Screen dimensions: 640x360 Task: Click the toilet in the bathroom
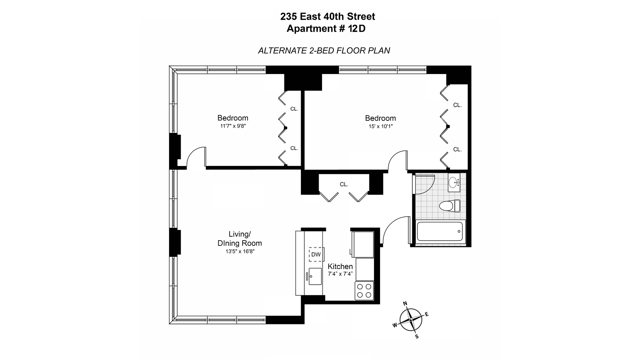click(450, 206)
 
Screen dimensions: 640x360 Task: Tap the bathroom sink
click(454, 182)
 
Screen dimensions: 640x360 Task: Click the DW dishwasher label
click(316, 255)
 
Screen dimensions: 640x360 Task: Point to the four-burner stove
click(364, 291)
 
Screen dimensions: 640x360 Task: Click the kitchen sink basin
click(315, 276)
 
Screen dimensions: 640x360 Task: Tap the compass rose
click(411, 319)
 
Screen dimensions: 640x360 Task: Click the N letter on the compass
click(405, 303)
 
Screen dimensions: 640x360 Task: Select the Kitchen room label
click(340, 266)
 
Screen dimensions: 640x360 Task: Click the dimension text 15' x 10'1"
click(380, 126)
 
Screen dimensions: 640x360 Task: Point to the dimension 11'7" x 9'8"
click(233, 126)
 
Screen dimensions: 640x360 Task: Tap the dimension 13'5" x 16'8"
click(240, 251)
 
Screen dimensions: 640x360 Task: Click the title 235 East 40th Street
click(328, 16)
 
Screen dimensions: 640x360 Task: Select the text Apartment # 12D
click(326, 29)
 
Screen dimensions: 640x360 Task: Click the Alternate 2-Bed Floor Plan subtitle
click(324, 51)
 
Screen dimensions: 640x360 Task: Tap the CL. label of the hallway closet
click(344, 184)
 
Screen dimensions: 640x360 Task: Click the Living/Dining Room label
click(240, 239)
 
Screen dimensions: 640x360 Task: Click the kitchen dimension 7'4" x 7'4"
click(340, 274)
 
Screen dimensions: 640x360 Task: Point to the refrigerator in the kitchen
click(363, 245)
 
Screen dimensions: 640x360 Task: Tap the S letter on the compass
click(417, 336)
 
